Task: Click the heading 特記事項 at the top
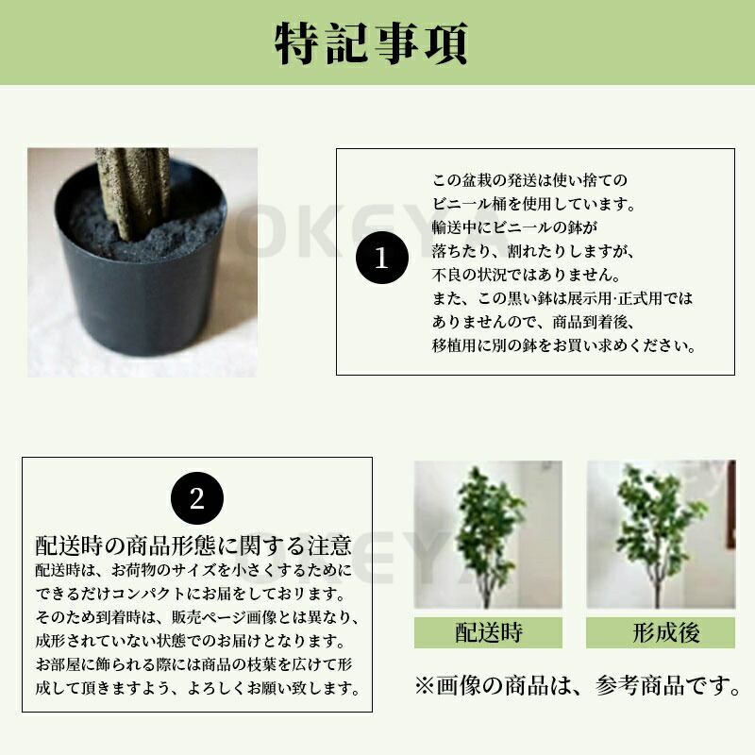tap(371, 43)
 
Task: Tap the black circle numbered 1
tap(382, 258)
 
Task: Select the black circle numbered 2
tap(197, 498)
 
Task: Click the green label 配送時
tap(488, 632)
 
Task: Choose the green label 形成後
tap(661, 632)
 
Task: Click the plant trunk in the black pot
tap(133, 193)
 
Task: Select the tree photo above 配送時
tap(488, 534)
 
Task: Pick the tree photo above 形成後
tap(661, 534)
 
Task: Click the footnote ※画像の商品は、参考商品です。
tap(578, 685)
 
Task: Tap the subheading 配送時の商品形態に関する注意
tap(193, 545)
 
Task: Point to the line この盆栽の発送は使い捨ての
tap(529, 180)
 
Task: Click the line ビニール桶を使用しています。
tap(533, 204)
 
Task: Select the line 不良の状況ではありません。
tap(526, 275)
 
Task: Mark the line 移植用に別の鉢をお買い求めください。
tap(563, 345)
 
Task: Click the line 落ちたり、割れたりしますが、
tap(533, 251)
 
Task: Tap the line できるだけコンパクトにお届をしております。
tap(191, 594)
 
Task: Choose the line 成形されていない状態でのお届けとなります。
tap(191, 641)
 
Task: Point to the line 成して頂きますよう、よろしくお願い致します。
tap(198, 688)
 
